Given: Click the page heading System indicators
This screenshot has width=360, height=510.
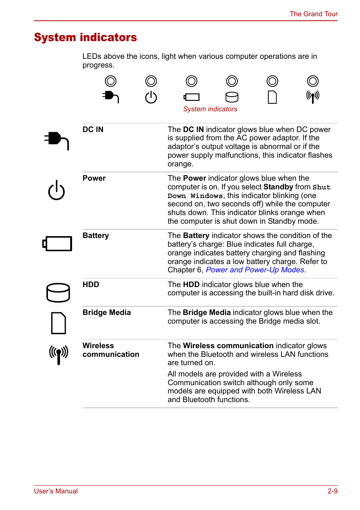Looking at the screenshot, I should tap(85, 37).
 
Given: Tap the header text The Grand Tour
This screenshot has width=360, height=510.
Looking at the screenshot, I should tap(313, 14).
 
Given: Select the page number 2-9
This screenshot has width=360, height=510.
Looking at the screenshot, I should tap(332, 491).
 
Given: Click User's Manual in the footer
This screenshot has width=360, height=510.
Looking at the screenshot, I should tap(56, 491).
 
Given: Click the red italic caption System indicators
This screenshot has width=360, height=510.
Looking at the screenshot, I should tap(210, 109).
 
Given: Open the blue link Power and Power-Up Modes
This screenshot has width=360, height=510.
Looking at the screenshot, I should tap(255, 270).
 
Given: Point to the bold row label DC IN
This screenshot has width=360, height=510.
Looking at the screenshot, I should tap(93, 129).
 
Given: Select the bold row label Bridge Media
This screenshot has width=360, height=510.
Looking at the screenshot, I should tap(106, 312).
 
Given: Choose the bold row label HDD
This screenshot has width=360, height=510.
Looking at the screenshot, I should tap(91, 284).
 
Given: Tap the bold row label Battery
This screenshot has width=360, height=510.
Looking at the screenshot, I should tap(95, 235).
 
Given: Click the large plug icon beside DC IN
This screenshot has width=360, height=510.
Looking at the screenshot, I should tap(57, 140).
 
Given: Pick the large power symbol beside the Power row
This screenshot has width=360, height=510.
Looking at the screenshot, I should tap(57, 190).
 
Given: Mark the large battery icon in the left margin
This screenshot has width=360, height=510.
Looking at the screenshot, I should tap(57, 244).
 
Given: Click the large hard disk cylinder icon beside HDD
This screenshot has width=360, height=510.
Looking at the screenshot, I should tap(58, 292).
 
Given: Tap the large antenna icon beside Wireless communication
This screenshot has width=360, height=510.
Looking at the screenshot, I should tap(58, 355).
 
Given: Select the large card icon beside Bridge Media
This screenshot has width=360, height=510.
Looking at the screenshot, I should tap(58, 323).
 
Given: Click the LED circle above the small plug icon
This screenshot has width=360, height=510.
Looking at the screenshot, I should tap(111, 81).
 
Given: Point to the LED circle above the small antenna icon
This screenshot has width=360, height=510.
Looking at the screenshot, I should tap(312, 81).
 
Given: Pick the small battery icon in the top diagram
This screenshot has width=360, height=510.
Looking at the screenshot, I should tap(192, 97).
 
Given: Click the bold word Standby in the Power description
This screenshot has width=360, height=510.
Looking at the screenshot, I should tap(278, 187).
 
